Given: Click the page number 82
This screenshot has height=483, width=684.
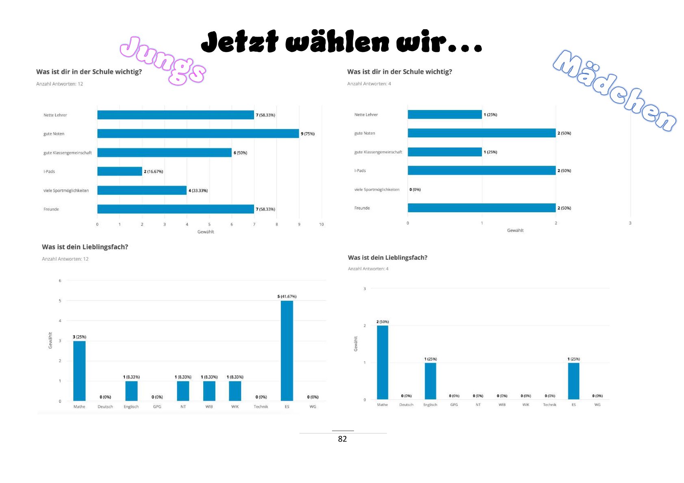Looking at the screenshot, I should (342, 439).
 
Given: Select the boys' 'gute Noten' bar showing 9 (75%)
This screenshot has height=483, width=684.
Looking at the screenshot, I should (198, 134).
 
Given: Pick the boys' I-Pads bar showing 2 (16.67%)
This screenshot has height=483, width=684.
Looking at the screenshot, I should (119, 171).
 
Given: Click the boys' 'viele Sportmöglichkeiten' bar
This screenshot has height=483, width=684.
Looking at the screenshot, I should (142, 190).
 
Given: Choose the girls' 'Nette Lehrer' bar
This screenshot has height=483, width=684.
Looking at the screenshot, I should (445, 114).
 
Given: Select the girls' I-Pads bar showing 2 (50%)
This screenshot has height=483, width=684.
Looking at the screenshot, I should (482, 170).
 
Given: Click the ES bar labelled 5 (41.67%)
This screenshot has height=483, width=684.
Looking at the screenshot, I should (287, 350).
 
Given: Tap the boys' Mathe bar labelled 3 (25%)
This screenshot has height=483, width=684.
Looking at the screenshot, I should (79, 371).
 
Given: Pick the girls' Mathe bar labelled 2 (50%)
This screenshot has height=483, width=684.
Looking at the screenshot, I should (382, 362).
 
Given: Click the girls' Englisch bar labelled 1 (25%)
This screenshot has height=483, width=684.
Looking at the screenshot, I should (430, 381).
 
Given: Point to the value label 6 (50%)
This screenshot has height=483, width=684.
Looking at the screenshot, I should (240, 153).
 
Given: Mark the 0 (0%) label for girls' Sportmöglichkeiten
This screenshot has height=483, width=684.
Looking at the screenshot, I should (415, 190).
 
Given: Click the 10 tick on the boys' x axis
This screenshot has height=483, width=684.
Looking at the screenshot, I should (321, 224).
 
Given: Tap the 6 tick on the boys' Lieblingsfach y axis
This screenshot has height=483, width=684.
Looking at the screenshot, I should (60, 280).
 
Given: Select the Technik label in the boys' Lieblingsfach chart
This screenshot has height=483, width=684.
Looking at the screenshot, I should (261, 407).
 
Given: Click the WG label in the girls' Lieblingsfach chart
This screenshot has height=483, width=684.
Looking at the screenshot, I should (597, 405).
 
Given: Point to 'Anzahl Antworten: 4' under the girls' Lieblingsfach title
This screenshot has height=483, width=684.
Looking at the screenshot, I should (368, 269).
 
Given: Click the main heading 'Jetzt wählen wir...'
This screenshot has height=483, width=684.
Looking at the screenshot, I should (341, 42).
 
